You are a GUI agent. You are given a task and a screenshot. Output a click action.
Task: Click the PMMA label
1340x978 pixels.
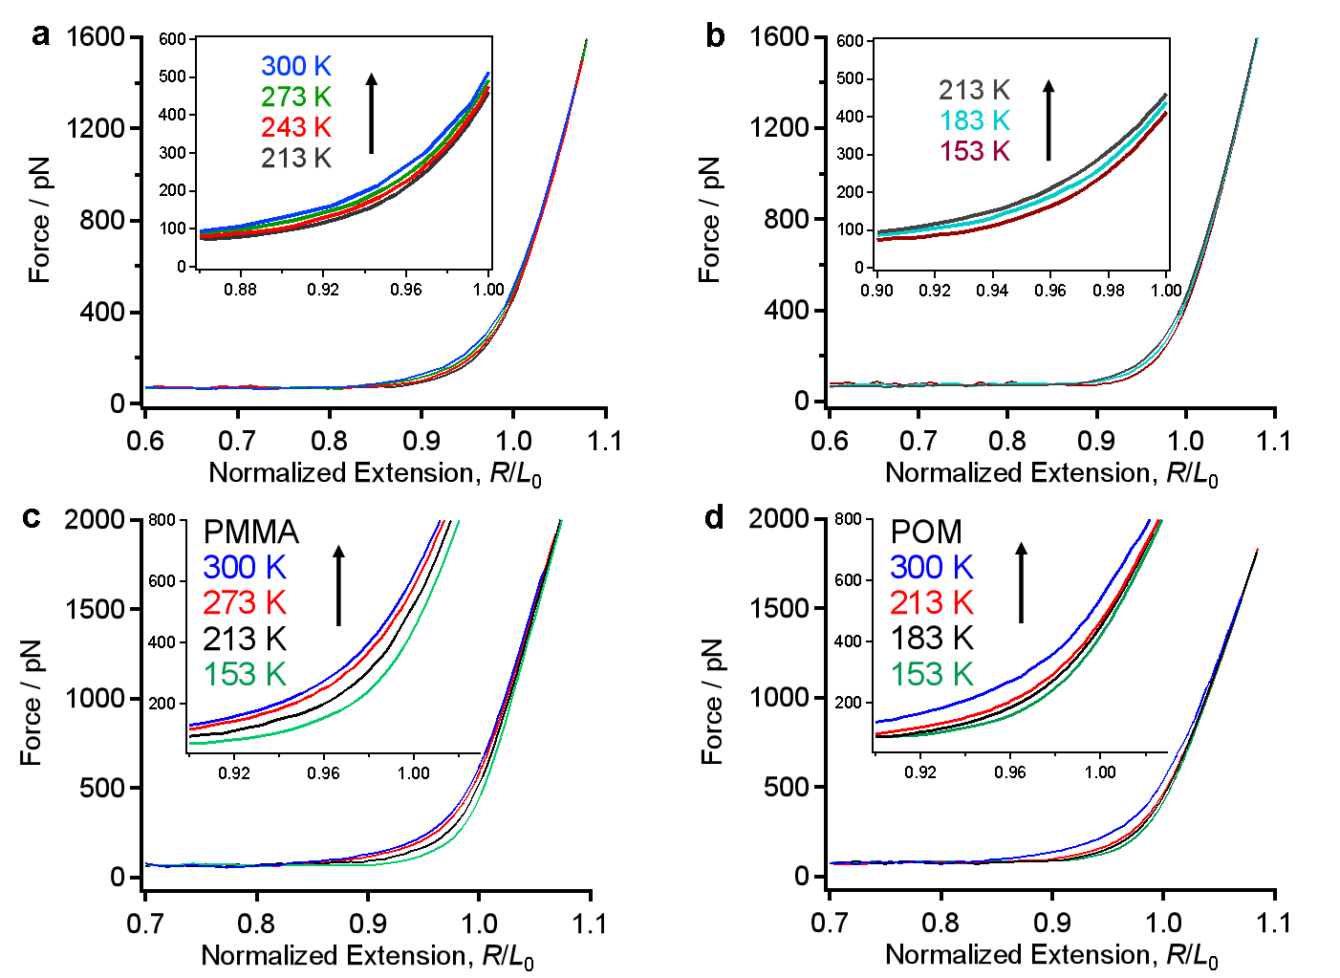click(250, 532)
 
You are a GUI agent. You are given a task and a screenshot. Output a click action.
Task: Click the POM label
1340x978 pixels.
click(926, 532)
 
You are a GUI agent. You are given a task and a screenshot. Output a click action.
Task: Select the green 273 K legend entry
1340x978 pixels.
click(296, 97)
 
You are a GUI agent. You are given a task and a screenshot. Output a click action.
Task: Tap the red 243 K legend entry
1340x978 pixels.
click(296, 127)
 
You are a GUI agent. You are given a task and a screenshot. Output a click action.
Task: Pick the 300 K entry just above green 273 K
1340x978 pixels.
click(296, 66)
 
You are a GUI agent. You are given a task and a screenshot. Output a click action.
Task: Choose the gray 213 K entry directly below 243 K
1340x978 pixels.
click(296, 158)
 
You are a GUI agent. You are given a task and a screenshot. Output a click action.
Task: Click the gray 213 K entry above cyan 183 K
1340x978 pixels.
click(974, 90)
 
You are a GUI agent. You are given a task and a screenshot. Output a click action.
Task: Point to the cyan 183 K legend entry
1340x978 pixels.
click(974, 120)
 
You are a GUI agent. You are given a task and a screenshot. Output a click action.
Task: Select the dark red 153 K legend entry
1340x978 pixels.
click(974, 151)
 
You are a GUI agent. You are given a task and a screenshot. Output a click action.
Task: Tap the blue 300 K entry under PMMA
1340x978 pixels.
click(245, 567)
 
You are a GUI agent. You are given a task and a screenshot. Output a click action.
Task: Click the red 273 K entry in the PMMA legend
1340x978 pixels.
click(245, 602)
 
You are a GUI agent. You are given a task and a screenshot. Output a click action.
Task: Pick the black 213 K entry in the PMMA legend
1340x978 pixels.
click(245, 639)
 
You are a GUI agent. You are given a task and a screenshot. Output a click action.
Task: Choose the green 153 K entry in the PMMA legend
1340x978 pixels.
click(245, 674)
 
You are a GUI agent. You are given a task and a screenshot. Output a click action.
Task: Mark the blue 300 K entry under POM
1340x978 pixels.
click(931, 567)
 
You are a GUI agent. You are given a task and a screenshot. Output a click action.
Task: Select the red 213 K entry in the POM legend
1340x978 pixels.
click(931, 602)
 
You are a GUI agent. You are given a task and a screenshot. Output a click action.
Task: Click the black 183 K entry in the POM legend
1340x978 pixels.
click(931, 638)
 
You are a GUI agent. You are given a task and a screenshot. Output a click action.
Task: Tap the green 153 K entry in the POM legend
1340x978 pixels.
click(931, 674)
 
